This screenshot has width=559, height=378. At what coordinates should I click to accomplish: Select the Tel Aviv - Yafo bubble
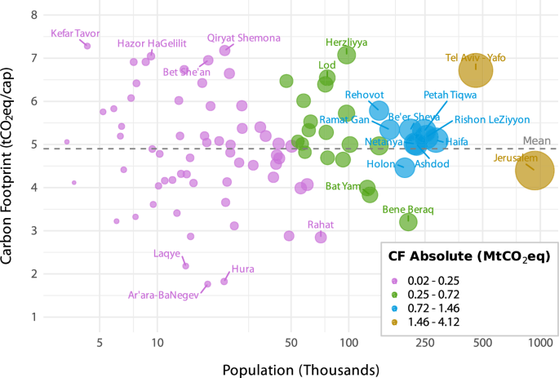pos(476,70)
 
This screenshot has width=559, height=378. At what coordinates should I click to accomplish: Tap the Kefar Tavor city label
pos(75,33)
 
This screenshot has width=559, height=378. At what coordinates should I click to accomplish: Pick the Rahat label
pos(321,224)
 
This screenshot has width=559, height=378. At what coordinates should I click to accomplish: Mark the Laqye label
pos(167,253)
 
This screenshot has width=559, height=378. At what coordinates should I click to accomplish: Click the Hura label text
pos(242,269)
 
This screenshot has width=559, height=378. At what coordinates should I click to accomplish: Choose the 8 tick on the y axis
pos(33,15)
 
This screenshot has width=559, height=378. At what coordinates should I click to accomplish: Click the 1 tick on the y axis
pos(33,317)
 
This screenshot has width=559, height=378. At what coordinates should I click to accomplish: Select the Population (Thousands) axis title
pos(299,368)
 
